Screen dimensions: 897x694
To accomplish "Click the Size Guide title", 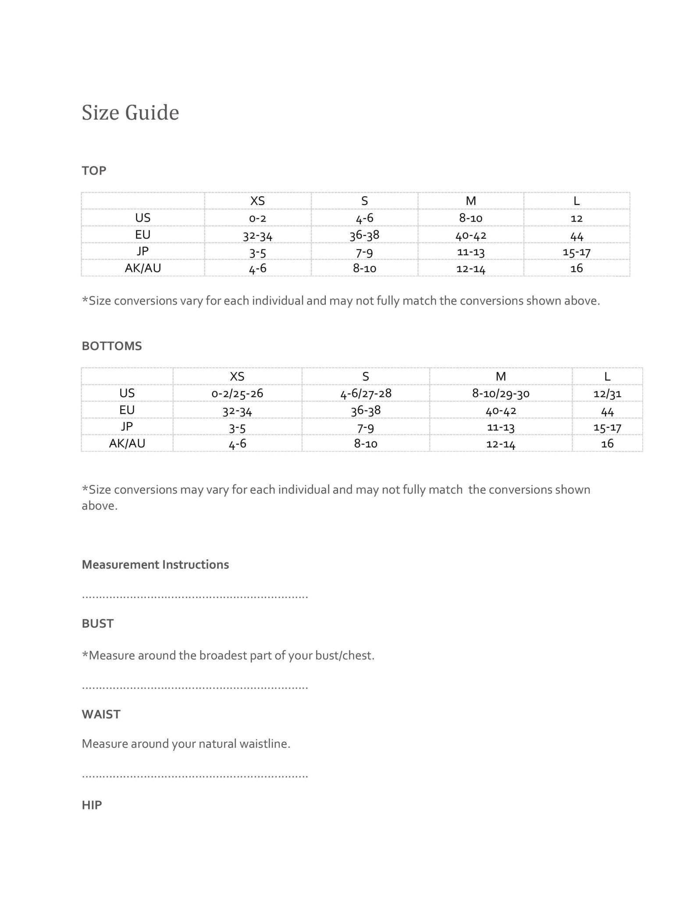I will click(x=130, y=113).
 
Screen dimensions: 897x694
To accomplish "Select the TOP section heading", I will click(x=94, y=170).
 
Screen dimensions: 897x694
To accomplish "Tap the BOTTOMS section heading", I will click(x=112, y=346).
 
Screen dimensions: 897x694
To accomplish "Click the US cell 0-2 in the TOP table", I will click(x=257, y=218).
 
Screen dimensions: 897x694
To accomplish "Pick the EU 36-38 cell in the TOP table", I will click(x=364, y=235).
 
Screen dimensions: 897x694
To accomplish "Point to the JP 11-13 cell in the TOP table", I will click(x=470, y=252).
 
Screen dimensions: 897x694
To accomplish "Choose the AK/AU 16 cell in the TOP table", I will click(x=577, y=268).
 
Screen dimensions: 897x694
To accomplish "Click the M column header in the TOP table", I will click(x=470, y=201).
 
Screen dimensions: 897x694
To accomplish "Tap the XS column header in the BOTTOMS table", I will click(x=237, y=376).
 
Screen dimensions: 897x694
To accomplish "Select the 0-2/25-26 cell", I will click(x=237, y=393).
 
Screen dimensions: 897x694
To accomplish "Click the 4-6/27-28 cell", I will click(x=366, y=393).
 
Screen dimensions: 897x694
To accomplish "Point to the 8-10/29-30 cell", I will click(x=501, y=393).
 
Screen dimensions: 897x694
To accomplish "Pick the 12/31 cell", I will click(x=607, y=393).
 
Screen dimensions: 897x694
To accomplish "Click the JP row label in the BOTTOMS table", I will click(x=127, y=427).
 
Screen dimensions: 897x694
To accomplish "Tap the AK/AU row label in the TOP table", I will click(x=143, y=268).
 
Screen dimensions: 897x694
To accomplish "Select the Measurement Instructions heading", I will click(x=155, y=565).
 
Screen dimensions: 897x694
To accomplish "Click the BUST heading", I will click(x=98, y=623).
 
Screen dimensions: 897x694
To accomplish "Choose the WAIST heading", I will click(x=101, y=714).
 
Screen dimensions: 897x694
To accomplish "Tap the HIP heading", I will click(x=92, y=805).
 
